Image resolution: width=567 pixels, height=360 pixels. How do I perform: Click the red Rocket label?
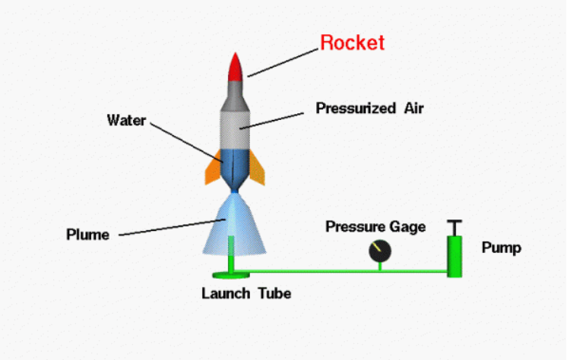352,43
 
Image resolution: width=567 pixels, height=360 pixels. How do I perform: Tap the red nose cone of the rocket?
236,68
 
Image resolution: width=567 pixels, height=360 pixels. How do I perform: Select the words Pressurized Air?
369,108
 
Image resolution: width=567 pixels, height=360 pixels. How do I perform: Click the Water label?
126,120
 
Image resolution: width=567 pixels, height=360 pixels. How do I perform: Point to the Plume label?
87,235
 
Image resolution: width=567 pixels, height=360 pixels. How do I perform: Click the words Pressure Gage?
375,226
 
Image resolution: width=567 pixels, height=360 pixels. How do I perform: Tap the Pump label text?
501,248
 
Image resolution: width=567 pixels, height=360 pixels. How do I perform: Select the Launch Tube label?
246,293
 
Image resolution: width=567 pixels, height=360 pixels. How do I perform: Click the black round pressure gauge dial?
380,251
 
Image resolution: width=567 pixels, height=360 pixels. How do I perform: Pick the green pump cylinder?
455,257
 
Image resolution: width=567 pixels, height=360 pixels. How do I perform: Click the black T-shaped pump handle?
455,228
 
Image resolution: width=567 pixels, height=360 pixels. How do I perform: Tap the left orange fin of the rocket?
214,168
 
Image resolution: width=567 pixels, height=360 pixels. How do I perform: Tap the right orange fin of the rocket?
257,168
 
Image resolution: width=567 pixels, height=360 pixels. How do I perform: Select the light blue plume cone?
234,226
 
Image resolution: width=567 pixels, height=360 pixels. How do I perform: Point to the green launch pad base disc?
231,276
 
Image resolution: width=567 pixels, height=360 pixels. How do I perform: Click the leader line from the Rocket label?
283,62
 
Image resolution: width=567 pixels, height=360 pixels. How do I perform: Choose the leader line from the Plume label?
173,227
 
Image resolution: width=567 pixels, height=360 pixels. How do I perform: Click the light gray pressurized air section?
235,130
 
